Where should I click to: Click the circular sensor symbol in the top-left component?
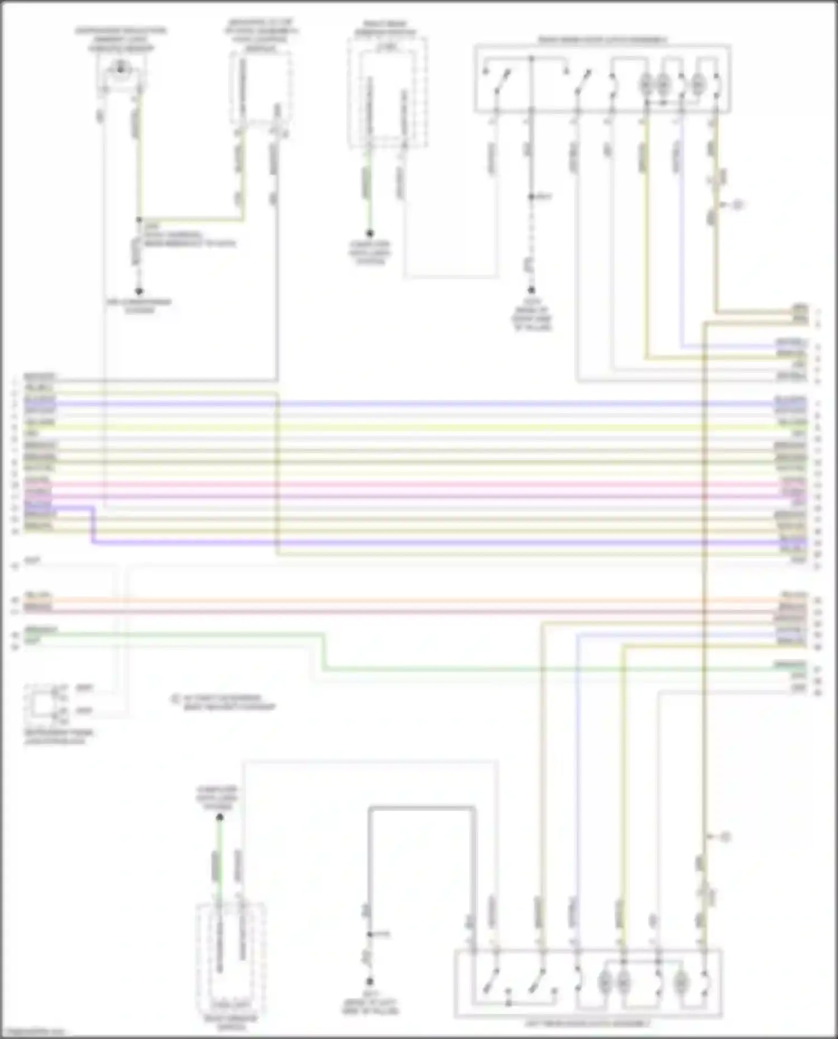pos(120,69)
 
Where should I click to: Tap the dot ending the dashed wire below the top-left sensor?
pos(139,291)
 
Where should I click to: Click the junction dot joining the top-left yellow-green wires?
pos(139,220)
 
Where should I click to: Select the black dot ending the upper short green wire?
pos(369,233)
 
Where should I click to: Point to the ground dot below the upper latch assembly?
pos(531,290)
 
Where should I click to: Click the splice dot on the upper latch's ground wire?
pos(531,197)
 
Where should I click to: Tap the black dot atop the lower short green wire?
pos(220,817)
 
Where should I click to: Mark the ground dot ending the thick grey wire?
pos(369,981)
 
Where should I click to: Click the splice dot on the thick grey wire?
pos(369,934)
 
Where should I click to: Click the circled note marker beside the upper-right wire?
pos(737,205)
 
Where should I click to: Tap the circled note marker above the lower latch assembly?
pos(725,837)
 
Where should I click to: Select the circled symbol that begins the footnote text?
pos(175,698)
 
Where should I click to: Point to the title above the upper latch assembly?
pos(602,40)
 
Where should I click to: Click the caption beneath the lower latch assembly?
pos(587,1023)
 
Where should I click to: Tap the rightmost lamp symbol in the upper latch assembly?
pos(698,85)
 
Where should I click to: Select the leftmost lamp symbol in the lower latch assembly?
pos(604,981)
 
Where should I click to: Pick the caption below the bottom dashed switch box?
pos(231,1022)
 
